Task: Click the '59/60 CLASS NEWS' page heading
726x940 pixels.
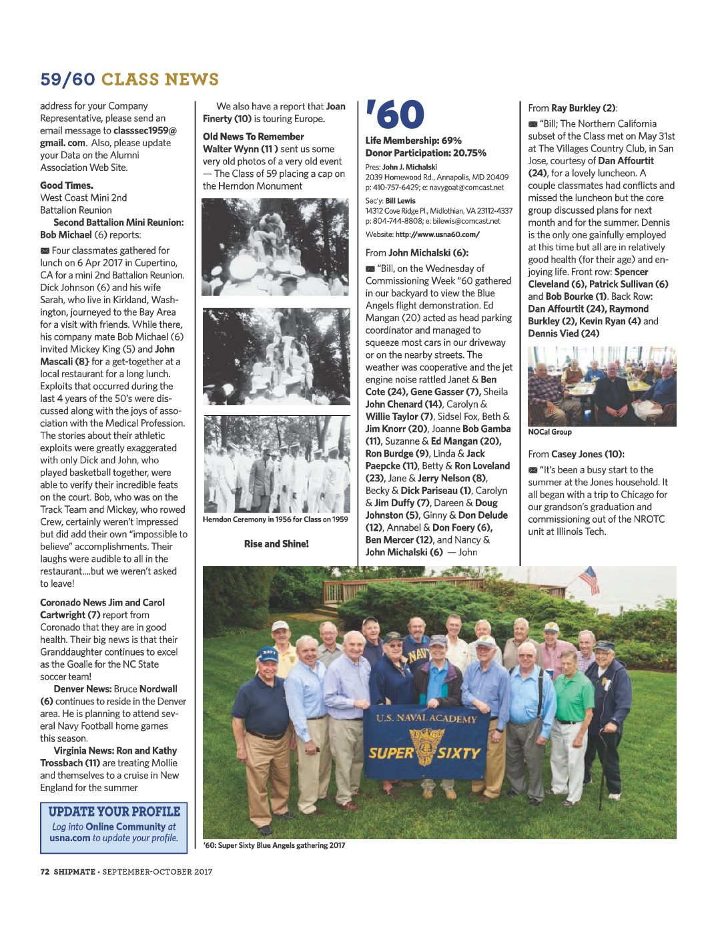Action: [129, 79]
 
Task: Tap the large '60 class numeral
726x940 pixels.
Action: [395, 115]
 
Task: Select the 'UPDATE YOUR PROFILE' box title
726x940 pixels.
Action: [114, 812]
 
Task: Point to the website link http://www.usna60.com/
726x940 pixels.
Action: [437, 234]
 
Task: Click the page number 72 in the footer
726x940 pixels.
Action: [45, 871]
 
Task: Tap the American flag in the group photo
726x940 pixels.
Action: [589, 579]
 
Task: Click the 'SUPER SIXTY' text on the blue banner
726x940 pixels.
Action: [424, 753]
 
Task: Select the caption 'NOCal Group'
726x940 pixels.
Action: [550, 432]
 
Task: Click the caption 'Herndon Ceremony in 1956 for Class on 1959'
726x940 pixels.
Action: [276, 519]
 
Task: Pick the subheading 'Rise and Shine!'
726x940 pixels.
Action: [276, 543]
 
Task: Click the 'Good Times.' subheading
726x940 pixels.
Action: [67, 186]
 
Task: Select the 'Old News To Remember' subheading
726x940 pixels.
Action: [254, 136]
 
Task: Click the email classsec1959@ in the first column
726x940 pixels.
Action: [145, 131]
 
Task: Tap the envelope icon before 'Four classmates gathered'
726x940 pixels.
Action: [45, 250]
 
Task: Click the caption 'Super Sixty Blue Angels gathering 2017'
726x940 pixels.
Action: [274, 845]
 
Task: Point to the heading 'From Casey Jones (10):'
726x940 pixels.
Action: [576, 454]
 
